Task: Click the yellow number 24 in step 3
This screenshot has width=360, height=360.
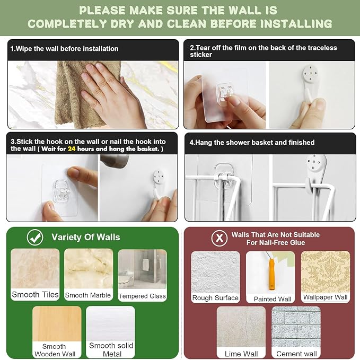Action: tap(72, 149)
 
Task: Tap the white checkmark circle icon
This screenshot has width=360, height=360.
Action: tap(35, 238)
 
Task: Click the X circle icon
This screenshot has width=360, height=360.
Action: tap(219, 238)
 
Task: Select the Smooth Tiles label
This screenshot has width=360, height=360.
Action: tap(35, 294)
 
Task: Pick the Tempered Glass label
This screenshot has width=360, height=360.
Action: tap(142, 296)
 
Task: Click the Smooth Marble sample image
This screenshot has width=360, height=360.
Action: tap(89, 269)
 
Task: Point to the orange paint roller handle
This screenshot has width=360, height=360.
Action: tap(271, 274)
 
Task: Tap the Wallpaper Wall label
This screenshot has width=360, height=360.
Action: tap(326, 297)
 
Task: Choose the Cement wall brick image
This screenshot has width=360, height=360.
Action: tap(296, 327)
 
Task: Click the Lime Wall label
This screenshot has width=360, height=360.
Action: tap(241, 354)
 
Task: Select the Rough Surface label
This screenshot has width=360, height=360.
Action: tap(215, 298)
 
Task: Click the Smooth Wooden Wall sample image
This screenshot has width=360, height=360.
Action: tap(57, 324)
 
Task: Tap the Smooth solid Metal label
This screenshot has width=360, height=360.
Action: tap(111, 349)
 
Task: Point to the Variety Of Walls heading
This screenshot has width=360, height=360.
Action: tap(86, 237)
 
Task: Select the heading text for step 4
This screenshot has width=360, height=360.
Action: tap(252, 143)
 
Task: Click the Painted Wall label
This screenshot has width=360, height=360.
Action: tap(273, 299)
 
